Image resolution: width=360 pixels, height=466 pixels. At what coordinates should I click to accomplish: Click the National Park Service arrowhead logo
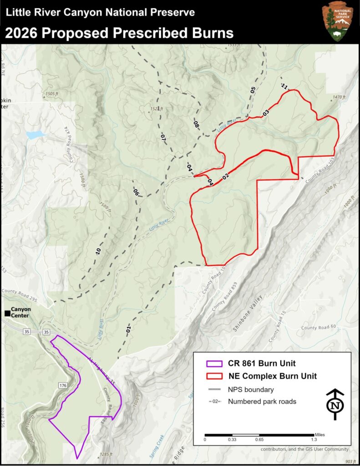coord(337,21)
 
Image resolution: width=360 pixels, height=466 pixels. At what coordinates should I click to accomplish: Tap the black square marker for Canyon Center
coord(7,314)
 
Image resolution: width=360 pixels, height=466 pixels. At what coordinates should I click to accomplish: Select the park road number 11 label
coord(284,86)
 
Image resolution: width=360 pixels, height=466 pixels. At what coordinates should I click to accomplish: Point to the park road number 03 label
coord(266,112)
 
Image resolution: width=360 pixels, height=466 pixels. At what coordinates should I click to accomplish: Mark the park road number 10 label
coord(98,250)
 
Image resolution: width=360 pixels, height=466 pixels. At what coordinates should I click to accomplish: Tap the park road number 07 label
coord(163,137)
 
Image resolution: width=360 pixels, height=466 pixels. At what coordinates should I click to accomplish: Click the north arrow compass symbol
coord(335,405)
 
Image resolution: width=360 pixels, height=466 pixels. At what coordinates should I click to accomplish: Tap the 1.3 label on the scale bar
coord(314,439)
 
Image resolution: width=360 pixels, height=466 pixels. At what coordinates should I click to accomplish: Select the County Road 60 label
coord(318,327)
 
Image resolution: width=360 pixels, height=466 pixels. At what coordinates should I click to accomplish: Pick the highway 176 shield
coord(62,386)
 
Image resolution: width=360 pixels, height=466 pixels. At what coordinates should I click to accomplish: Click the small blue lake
coord(35,135)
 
